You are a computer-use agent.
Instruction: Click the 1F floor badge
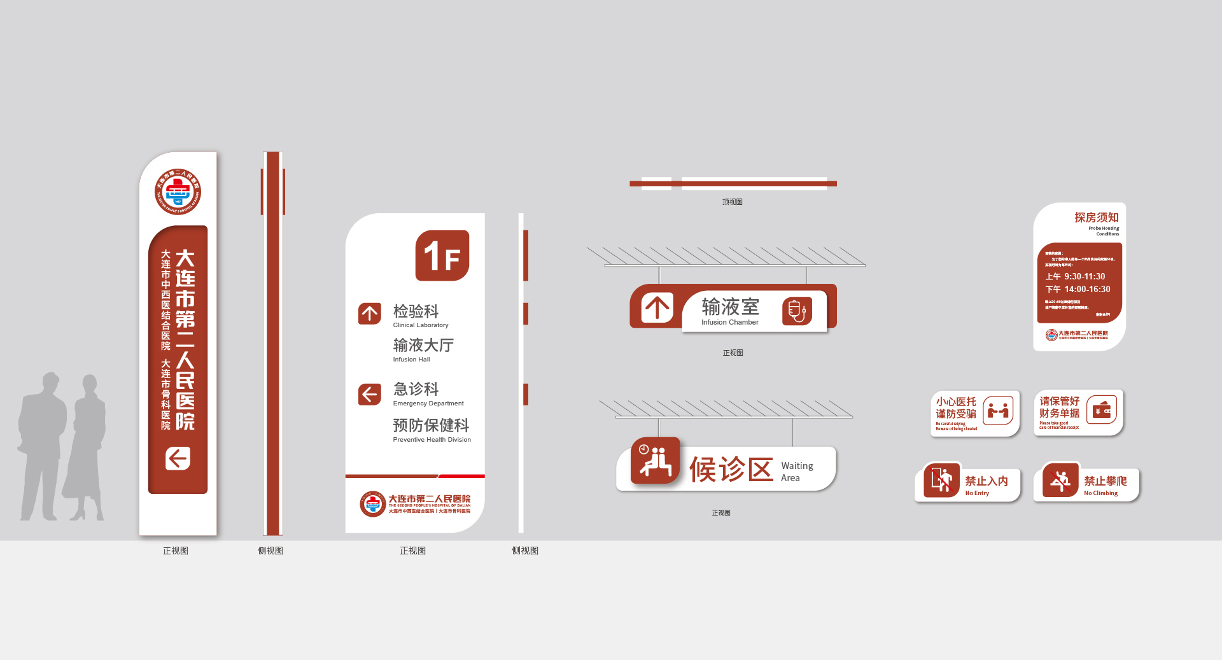pos(442,255)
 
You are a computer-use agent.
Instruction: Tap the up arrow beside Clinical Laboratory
pos(370,313)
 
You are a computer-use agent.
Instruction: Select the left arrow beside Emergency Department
pos(370,394)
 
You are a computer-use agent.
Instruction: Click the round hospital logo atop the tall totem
pos(178,192)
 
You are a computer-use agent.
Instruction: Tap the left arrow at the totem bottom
pos(178,458)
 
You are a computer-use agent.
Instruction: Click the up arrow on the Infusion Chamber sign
pos(657,307)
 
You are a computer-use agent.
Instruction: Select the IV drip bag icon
pos(797,311)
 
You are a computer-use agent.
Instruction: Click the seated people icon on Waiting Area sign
pos(656,460)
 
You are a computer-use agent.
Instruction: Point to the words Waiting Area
pos(796,472)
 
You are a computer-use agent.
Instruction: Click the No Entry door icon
pos(941,480)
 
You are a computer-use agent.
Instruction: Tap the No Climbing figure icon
pos(1060,481)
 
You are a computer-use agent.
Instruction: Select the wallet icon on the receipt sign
pos(1102,411)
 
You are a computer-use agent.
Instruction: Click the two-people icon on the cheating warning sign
pos(998,411)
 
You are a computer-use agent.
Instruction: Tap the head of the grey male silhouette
pos(50,382)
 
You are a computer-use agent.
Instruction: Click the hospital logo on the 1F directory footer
pos(372,504)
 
